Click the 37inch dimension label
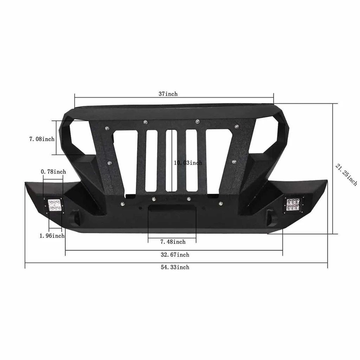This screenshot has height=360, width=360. (168, 94)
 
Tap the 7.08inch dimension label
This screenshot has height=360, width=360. (42, 139)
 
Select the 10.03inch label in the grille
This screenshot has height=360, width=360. (188, 163)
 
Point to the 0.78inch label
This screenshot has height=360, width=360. (53, 172)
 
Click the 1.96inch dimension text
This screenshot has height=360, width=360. (52, 236)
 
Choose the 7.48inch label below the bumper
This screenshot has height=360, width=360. (173, 242)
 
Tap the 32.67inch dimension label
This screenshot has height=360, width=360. (175, 255)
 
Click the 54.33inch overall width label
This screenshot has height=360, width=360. (175, 267)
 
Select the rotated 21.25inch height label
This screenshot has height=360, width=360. (346, 174)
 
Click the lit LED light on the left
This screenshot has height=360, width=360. (54, 205)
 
